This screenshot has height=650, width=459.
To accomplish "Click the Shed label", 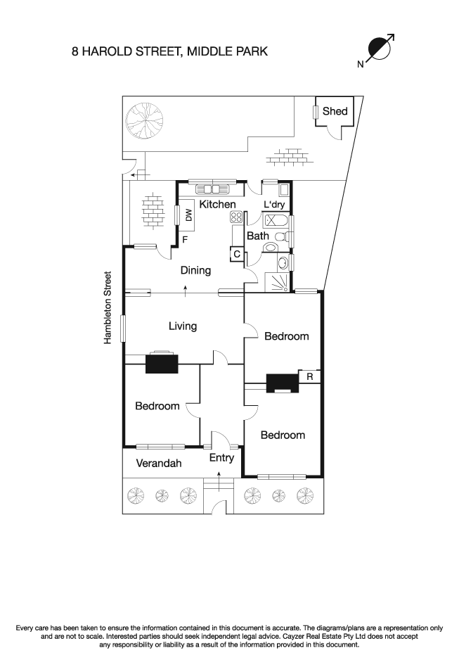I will tap(335, 111).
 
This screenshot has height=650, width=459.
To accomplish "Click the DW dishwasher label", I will tap(188, 216).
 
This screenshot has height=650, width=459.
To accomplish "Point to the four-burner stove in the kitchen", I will tap(236, 219).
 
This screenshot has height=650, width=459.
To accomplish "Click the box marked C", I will tap(237, 254).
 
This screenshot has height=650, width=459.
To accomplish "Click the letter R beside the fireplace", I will tap(310, 377).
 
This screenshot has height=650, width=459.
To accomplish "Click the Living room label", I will tap(182, 326).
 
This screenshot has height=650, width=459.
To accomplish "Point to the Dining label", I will tap(195, 270).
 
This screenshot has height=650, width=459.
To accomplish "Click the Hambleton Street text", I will tap(108, 307).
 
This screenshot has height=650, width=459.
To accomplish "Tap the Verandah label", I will tap(159, 463).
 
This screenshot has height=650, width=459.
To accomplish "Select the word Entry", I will tap(221, 458).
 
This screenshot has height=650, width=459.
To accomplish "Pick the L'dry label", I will tap(274, 204).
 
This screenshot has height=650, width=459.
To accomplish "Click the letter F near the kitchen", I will tap(185, 240).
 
